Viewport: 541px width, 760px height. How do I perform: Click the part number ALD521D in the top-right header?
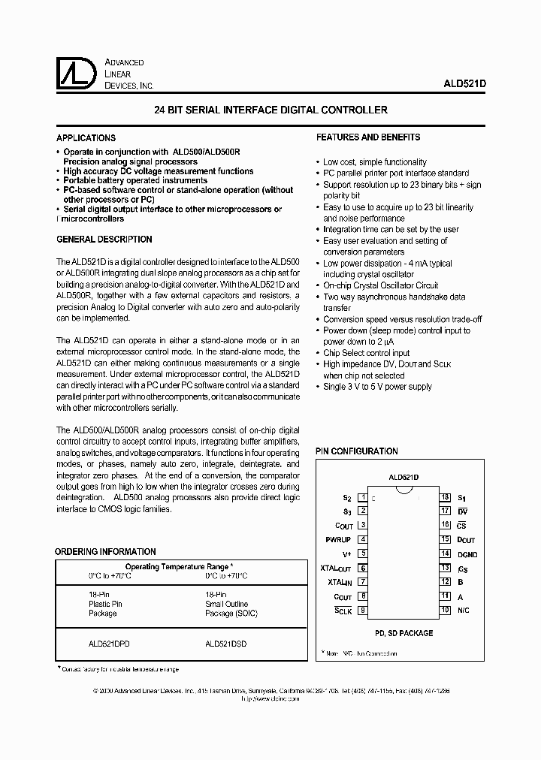(465, 86)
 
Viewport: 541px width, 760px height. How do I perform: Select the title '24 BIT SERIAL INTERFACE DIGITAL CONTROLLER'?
(270, 110)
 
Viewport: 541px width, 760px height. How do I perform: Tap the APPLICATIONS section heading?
(86, 138)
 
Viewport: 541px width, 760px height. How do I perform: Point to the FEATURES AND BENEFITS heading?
(368, 137)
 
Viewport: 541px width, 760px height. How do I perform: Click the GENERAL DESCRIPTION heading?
(104, 240)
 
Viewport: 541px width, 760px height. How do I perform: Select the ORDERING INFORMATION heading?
(106, 552)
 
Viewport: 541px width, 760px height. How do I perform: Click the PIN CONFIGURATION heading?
(356, 451)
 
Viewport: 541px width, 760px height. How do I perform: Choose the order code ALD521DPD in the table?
(108, 644)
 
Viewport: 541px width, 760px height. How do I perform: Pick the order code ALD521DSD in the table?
(225, 644)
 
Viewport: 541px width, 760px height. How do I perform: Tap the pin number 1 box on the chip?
(362, 497)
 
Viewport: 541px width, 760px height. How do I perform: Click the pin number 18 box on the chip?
(445, 497)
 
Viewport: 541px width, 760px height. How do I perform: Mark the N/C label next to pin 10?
(464, 609)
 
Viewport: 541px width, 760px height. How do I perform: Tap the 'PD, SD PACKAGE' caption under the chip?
(404, 633)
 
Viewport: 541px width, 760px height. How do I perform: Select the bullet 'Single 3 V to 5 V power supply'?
(378, 387)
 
